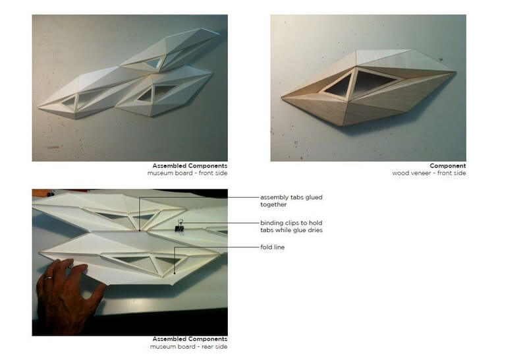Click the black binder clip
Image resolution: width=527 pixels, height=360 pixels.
179,227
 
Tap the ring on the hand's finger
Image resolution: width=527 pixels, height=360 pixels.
49,278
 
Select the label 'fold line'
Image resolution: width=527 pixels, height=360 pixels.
272,247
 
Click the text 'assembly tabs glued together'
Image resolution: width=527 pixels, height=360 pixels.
291,201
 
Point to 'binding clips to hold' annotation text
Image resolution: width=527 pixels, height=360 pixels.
291,223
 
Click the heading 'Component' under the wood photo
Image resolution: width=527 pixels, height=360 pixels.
448,166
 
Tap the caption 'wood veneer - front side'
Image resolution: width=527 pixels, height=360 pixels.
429,173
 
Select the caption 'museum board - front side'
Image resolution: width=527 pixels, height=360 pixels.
187,173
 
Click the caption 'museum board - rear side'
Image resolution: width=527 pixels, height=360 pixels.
188,347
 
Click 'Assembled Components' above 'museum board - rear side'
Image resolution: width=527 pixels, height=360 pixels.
190,339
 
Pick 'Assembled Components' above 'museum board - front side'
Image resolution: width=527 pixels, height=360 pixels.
190,166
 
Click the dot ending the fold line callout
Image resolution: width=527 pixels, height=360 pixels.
175,273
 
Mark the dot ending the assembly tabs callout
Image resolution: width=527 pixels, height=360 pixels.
140,231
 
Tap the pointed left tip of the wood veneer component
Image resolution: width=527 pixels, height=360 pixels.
282,98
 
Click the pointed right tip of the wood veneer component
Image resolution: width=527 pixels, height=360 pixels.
455,72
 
